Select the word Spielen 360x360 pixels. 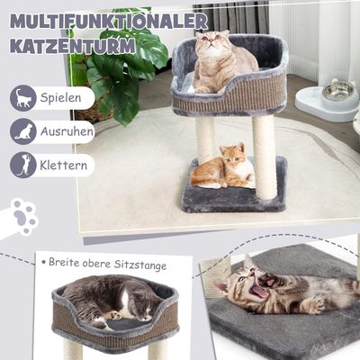61,98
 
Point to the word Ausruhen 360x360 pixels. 67,131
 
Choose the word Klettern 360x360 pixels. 63,165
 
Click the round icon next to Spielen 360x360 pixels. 23,98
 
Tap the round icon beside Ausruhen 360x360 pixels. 23,131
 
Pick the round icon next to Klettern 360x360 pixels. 23,165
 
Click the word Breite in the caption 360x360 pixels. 63,263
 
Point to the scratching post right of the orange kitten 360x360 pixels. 265,157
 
